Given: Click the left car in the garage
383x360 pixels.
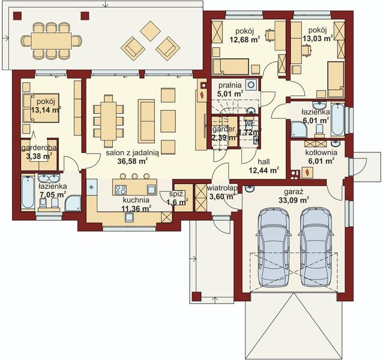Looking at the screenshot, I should coord(274,250).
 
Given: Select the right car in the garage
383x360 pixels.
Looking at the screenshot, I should coord(316,250).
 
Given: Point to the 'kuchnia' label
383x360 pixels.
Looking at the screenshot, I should coord(136,200).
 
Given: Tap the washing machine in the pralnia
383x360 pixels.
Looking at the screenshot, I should coord(253,85).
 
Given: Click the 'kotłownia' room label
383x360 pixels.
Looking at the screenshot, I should coord(319,152).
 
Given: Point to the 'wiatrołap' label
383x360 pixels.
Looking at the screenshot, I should coord(223,188).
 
